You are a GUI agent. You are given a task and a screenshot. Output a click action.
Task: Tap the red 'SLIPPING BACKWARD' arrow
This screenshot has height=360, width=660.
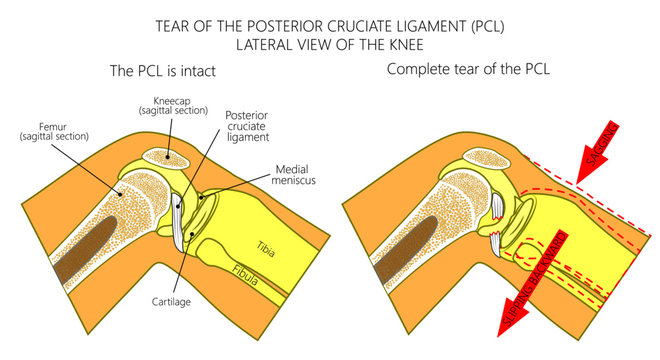[x=531, y=290]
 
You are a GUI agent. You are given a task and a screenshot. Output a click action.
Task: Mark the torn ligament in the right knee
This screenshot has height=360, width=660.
[x=496, y=220]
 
